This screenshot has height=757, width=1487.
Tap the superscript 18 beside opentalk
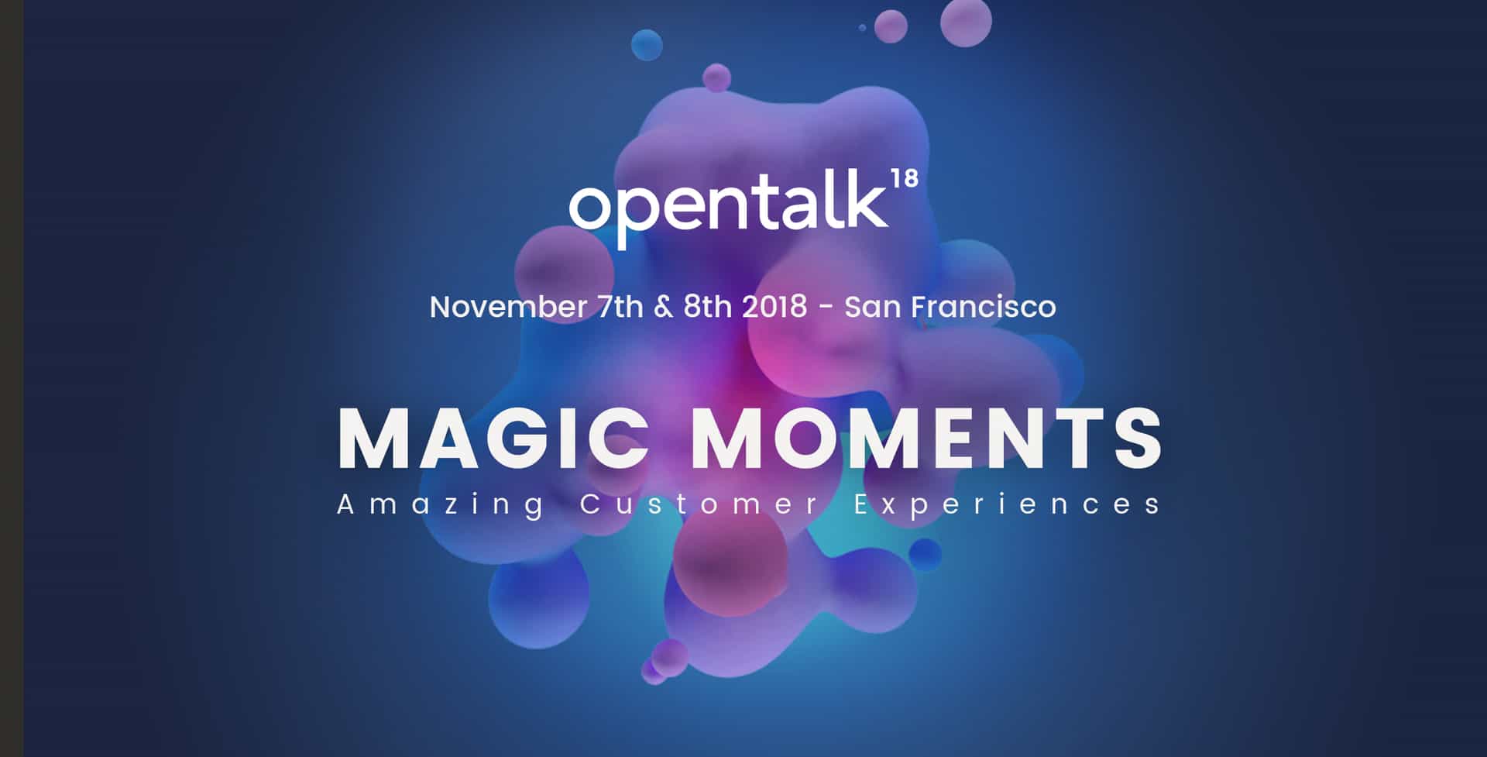pos(905,179)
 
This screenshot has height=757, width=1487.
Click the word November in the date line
pos(508,307)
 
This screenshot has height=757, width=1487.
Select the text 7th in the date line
pos(620,307)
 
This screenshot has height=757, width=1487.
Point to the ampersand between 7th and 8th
pos(664,307)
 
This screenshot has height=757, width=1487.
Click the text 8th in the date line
pos(707,307)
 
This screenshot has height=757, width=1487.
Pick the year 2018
pos(774,307)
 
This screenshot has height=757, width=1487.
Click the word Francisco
pos(984,307)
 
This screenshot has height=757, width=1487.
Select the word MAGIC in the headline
pos(493,438)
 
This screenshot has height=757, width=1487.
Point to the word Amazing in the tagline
pos(441,505)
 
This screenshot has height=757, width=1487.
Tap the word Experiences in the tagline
pos(1007,505)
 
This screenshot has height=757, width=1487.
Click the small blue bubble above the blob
pos(647,45)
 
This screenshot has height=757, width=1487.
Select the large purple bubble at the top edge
pos(966,22)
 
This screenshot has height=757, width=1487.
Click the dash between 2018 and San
pos(826,308)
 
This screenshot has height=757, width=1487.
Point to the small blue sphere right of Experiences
pos(925,555)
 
